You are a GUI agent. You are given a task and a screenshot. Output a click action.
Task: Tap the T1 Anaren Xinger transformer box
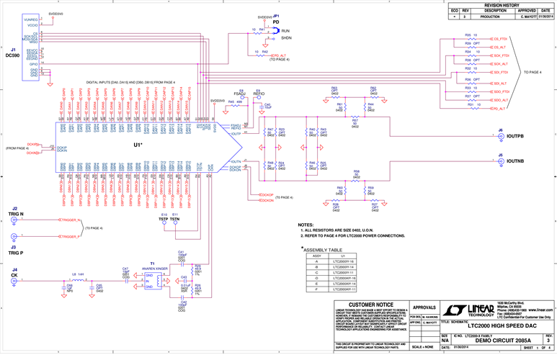point(152,279)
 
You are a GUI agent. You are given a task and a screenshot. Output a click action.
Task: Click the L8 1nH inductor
point(77,276)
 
